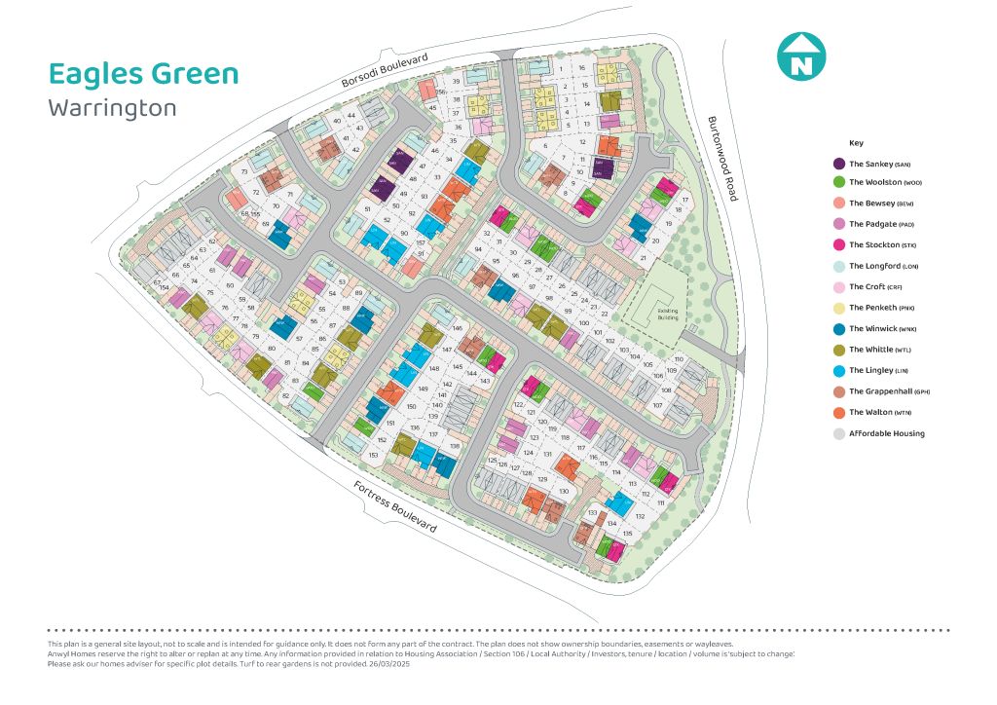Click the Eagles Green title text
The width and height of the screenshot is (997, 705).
click(143, 74)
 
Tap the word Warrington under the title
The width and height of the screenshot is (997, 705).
click(112, 107)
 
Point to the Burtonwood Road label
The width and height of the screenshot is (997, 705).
click(723, 159)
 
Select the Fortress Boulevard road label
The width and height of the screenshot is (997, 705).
click(394, 506)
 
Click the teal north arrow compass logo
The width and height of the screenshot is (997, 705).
click(800, 56)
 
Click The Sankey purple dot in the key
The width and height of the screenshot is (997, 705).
click(838, 165)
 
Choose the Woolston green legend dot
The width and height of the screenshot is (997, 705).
click(838, 182)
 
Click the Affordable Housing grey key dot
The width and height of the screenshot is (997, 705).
click(838, 433)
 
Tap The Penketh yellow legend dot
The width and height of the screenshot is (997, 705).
click(838, 308)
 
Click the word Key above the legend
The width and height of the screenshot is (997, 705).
click(856, 143)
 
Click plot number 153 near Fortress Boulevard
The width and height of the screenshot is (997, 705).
click(373, 456)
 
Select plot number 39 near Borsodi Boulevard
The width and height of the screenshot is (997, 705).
click(456, 83)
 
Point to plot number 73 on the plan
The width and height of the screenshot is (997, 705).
click(244, 171)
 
